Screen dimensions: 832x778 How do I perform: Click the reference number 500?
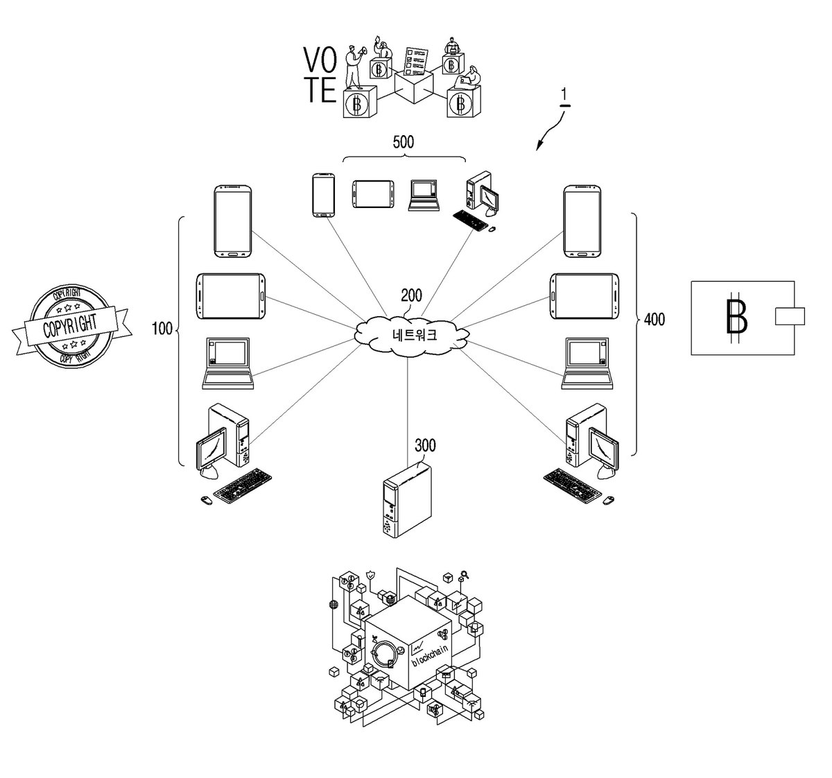click(x=403, y=142)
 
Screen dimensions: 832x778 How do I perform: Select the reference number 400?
click(x=655, y=320)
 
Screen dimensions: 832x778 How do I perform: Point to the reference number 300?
click(x=425, y=444)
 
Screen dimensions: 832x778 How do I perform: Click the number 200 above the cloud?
click(x=411, y=295)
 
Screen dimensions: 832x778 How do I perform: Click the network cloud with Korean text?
click(x=411, y=335)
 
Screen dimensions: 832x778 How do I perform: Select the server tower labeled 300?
click(x=407, y=499)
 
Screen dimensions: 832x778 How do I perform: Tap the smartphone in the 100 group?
click(x=233, y=221)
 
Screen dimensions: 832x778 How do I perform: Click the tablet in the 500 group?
click(x=373, y=194)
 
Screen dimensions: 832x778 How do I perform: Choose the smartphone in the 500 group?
click(x=323, y=195)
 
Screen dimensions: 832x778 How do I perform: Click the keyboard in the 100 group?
click(x=243, y=486)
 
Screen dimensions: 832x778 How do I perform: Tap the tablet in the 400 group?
click(x=584, y=296)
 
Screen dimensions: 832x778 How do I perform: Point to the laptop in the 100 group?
click(x=228, y=363)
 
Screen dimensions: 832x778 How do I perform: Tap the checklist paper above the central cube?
click(x=415, y=61)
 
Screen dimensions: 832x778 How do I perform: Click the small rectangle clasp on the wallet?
click(x=790, y=316)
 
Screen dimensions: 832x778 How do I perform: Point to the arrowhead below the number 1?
click(x=539, y=146)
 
